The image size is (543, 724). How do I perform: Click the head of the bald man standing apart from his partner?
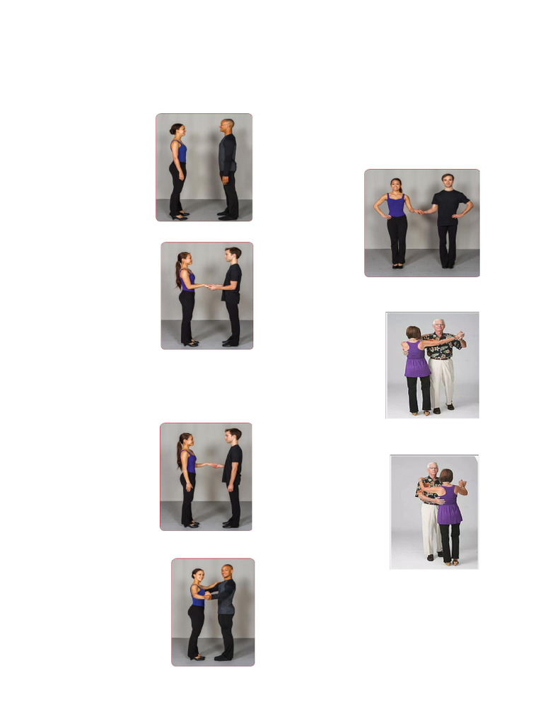pyautogui.click(x=226, y=126)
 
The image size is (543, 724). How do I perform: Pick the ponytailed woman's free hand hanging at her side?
pyautogui.click(x=187, y=487)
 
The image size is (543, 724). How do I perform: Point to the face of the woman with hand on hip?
pyautogui.click(x=396, y=185)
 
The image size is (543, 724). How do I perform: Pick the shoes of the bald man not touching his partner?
pyautogui.click(x=226, y=215)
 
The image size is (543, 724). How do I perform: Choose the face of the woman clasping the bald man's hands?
pyautogui.click(x=199, y=574)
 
